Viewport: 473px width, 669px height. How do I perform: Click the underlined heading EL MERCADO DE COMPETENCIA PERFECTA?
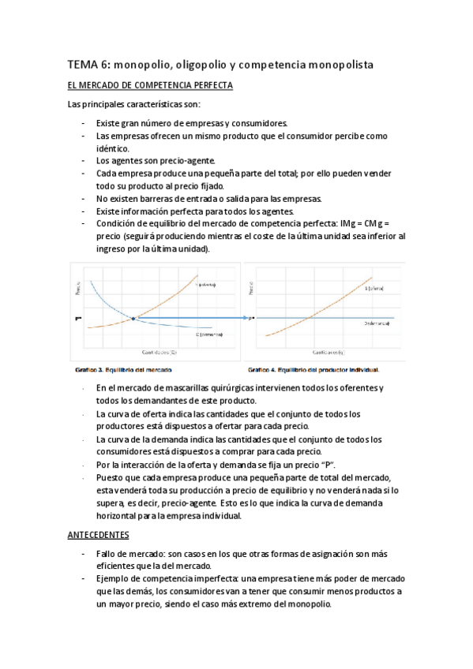click(149, 84)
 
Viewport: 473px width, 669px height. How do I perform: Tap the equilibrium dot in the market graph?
click(133, 318)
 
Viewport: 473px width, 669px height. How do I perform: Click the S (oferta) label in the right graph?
click(376, 289)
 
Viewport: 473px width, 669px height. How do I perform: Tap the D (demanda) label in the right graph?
click(377, 323)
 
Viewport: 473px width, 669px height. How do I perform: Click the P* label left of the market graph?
click(77, 319)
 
